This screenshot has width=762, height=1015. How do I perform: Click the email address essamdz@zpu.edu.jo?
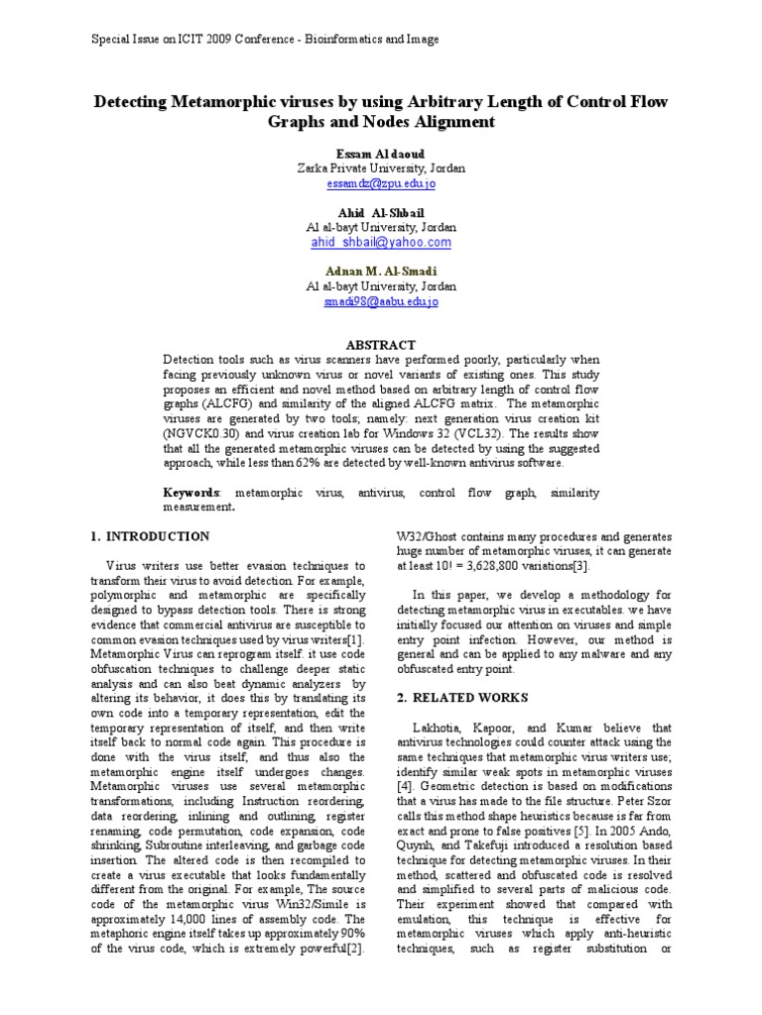coord(380,184)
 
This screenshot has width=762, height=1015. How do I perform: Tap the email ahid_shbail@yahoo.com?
coord(381,243)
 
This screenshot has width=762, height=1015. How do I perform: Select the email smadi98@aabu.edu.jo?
coord(380,301)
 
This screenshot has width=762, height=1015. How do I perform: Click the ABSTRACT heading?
coord(381,344)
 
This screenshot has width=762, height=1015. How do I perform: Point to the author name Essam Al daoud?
coord(381,154)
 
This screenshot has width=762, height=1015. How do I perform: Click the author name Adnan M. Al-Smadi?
coord(381,272)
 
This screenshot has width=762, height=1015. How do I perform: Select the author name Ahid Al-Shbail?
coord(381,213)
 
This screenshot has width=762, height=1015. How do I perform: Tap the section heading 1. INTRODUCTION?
coord(150,536)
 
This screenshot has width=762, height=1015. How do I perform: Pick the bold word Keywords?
coord(190,493)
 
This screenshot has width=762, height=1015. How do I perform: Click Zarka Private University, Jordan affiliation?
coord(381,169)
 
